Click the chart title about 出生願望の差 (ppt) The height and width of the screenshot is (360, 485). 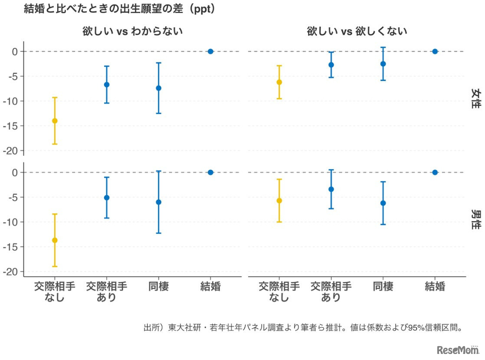coord(120,9)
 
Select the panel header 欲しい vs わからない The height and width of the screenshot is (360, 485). coord(133,31)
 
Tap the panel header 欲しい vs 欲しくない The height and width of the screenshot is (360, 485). coord(357,31)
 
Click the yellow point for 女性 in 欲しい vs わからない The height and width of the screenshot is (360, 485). coord(55,121)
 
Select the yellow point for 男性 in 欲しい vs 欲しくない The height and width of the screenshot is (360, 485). coord(279,200)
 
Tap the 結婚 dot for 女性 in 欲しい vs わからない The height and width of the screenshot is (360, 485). coord(210,51)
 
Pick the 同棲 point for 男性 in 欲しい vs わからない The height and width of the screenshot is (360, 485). coord(159,202)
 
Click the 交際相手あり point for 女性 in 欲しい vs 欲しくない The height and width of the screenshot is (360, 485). coord(331,65)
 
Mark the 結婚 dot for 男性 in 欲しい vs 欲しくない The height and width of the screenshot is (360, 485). coord(435,172)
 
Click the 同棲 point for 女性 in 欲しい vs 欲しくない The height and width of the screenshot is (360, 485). coord(383,64)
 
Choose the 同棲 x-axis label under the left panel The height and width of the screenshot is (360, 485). coord(158,287)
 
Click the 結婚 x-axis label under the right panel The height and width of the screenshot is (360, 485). coord(435,287)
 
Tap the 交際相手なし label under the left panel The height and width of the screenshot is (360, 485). coord(55,292)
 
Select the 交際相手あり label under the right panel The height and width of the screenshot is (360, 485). coord(331,292)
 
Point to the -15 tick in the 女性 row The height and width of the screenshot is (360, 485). coord(14,126)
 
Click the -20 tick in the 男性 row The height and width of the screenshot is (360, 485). coord(14,272)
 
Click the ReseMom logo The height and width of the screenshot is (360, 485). coord(458,350)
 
